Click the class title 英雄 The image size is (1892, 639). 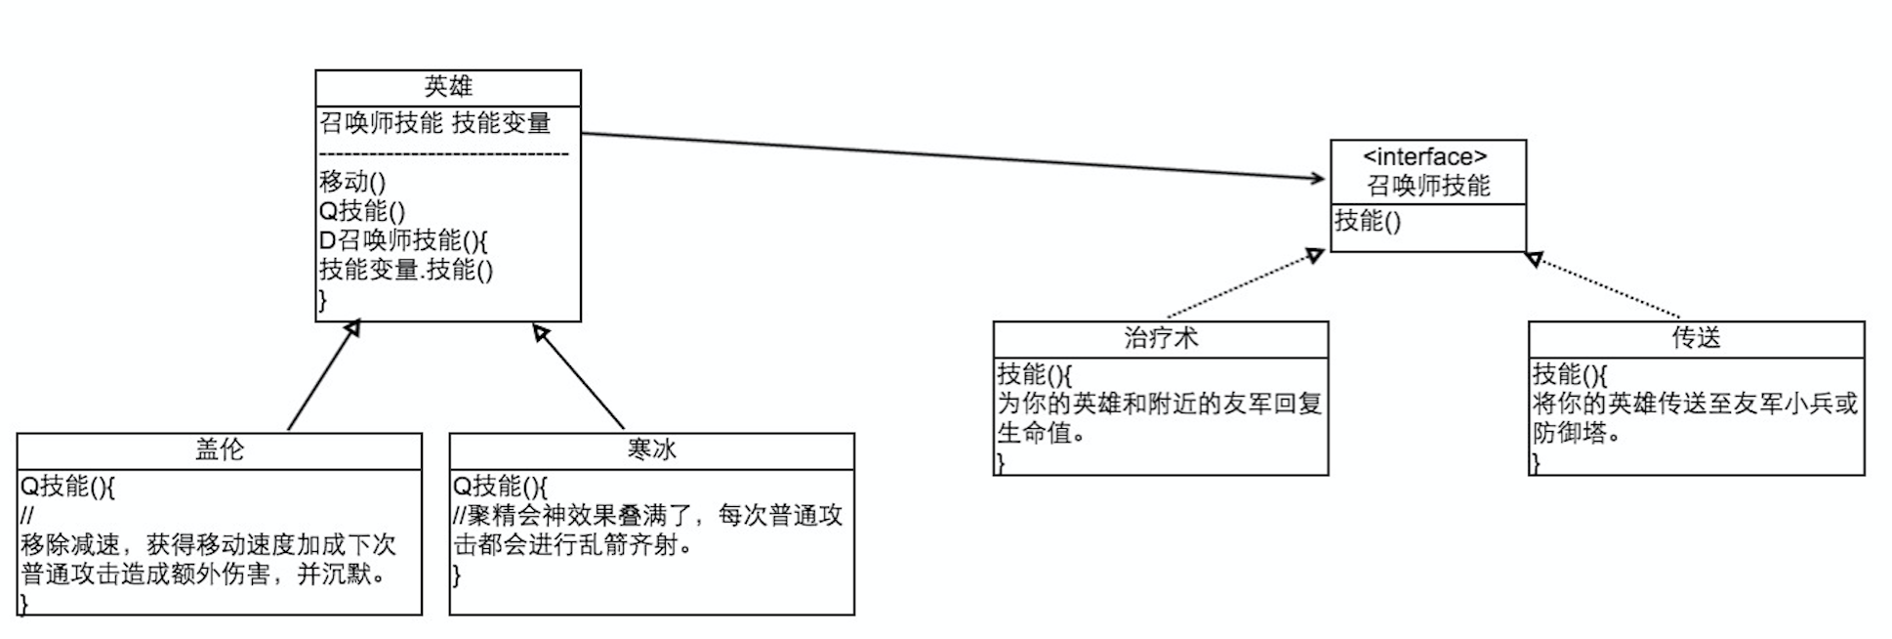click(x=448, y=87)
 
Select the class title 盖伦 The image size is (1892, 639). click(x=220, y=450)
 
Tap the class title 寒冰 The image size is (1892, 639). click(x=651, y=450)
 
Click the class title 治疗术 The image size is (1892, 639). click(x=1161, y=339)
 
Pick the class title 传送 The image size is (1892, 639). click(x=1696, y=339)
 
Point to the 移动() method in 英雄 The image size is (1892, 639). click(x=352, y=182)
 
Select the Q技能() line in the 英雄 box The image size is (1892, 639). click(x=362, y=211)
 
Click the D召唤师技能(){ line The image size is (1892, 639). click(x=403, y=240)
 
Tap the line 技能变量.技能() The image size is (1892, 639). click(x=406, y=270)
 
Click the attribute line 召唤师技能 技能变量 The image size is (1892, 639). click(x=435, y=123)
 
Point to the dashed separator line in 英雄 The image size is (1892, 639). click(x=443, y=154)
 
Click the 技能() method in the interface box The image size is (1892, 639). click(x=1368, y=222)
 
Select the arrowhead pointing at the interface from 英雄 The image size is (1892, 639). click(x=1318, y=179)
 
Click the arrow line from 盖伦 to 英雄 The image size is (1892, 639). click(x=322, y=377)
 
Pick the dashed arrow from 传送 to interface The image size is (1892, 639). click(x=1606, y=286)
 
